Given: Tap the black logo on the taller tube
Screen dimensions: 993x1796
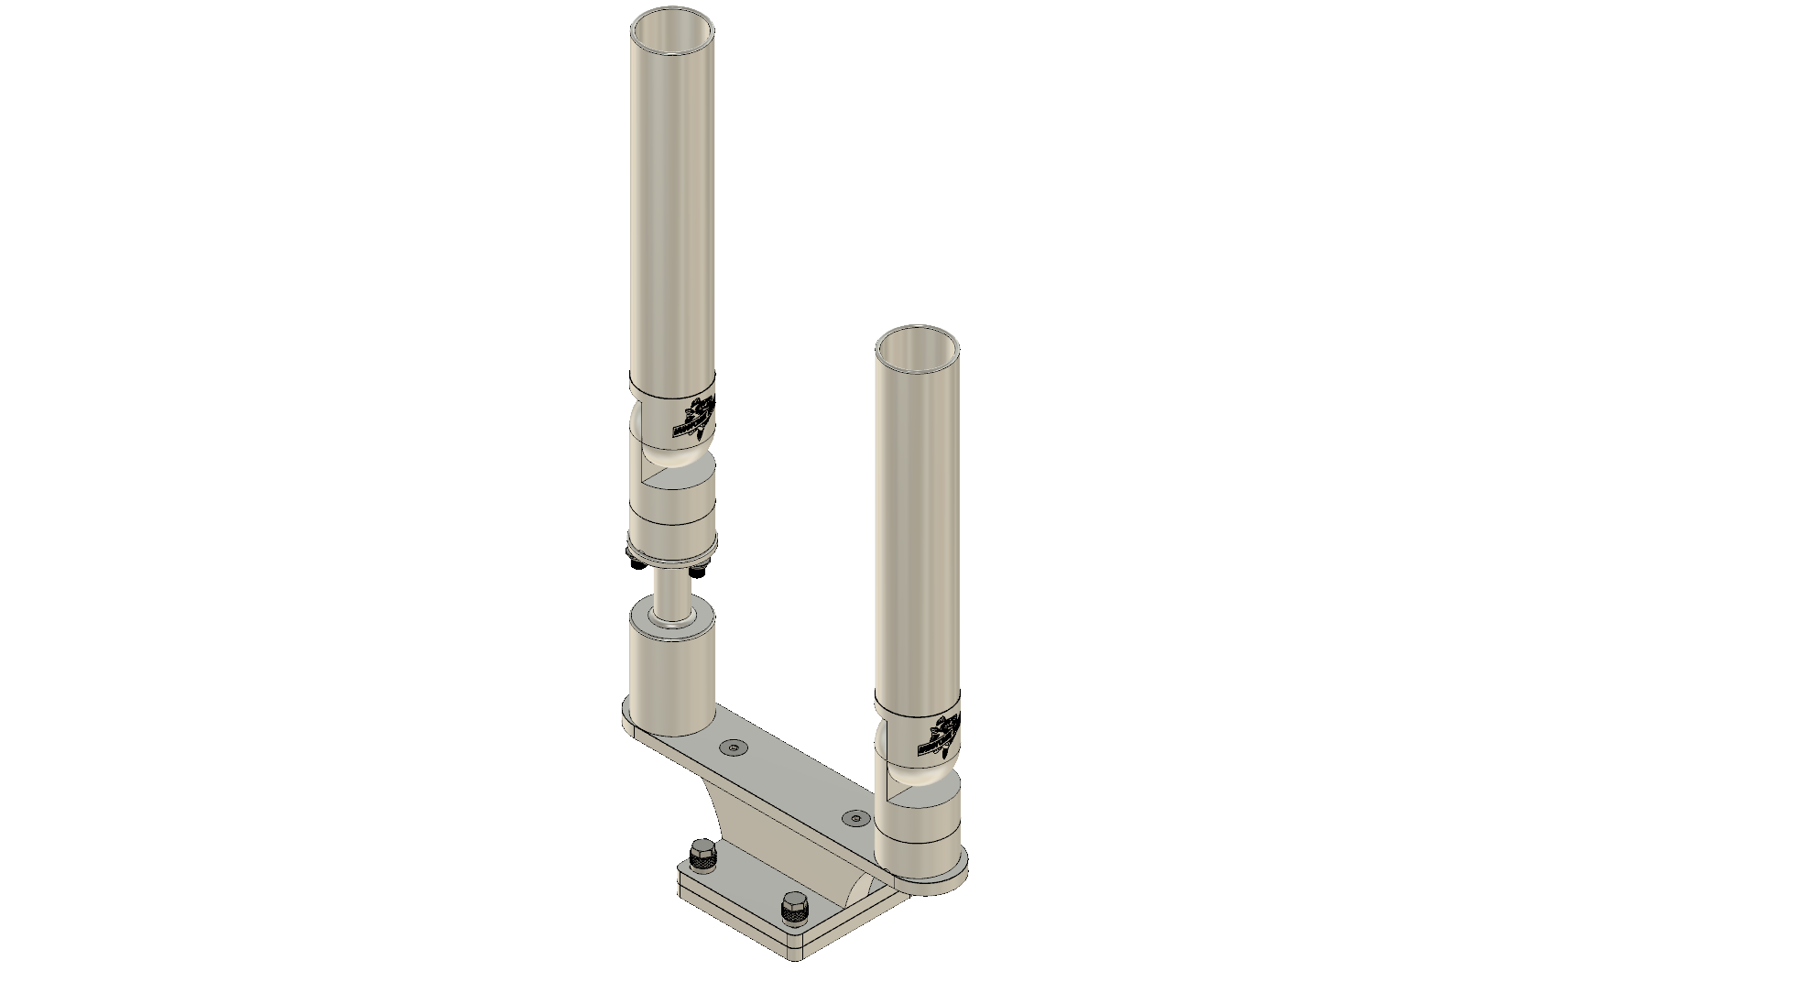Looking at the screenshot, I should click(697, 417).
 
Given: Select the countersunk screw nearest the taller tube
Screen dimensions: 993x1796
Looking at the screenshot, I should click(733, 748).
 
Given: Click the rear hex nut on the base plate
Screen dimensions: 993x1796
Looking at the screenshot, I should click(702, 856).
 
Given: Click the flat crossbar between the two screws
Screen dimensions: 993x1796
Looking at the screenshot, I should click(793, 783).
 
